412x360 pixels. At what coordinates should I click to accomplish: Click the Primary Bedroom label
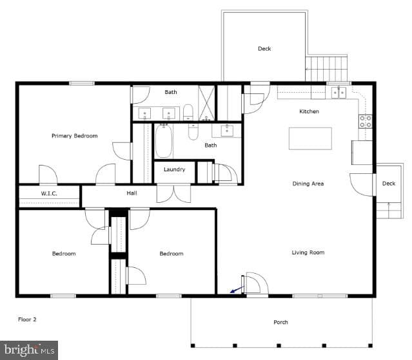[x=75, y=136]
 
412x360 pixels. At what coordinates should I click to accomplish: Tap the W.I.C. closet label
[x=49, y=194]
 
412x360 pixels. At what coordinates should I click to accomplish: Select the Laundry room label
[x=175, y=169]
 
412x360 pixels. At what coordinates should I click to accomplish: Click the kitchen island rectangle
[x=310, y=138]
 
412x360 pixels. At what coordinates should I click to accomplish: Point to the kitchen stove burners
[x=366, y=121]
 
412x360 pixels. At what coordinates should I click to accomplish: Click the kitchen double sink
[x=338, y=93]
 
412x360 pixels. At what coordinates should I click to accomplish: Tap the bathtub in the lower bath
[x=164, y=141]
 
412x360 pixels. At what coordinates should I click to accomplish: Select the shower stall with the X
[x=207, y=103]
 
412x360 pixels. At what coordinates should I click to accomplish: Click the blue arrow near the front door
[x=237, y=289]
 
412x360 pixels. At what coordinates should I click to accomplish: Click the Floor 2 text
[x=27, y=319]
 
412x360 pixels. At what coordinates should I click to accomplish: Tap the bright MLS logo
[x=29, y=350]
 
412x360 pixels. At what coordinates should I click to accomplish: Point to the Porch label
[x=280, y=322]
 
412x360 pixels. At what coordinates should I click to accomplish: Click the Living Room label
[x=308, y=252]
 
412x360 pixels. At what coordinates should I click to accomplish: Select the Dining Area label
[x=308, y=184]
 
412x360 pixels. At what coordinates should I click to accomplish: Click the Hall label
[x=132, y=193]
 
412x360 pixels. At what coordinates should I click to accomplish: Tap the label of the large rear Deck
[x=264, y=48]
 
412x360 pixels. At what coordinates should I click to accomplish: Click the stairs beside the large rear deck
[x=326, y=68]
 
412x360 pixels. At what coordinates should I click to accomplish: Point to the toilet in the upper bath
[x=188, y=112]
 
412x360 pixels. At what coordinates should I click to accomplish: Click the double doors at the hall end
[x=173, y=193]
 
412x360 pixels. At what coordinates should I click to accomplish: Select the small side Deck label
[x=389, y=184]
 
